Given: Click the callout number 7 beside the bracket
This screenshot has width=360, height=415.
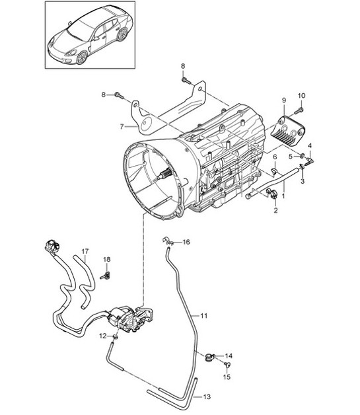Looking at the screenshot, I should click(122, 126).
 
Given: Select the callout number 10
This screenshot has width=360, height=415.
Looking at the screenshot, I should click(301, 95).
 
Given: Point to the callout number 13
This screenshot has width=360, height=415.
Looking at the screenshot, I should click(207, 396).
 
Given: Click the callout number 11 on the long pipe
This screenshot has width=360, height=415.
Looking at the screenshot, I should click(204, 317).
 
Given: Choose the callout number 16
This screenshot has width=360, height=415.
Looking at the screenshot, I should click(186, 243).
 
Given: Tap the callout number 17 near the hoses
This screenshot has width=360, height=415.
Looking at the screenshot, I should click(84, 251).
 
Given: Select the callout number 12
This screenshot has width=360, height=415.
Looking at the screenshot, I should click(102, 336).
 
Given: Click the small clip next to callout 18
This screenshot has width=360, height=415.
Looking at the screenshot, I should click(106, 271).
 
